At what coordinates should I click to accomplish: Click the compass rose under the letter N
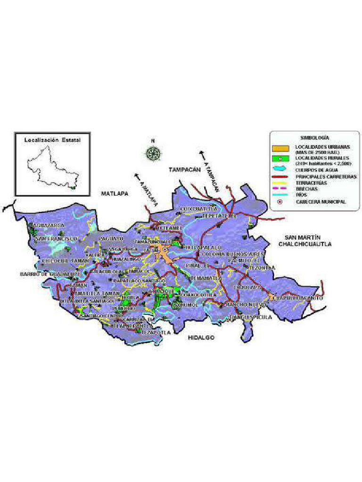(x=153, y=153)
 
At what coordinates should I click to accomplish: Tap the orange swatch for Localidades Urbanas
(x=280, y=149)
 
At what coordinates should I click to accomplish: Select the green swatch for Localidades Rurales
(x=280, y=159)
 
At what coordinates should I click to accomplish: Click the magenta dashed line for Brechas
(x=280, y=188)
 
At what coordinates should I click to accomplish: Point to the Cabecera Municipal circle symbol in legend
(x=280, y=201)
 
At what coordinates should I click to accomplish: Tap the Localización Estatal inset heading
(x=52, y=140)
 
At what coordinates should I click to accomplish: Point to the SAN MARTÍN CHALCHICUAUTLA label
(x=304, y=241)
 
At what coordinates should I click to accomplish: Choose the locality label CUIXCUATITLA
(x=199, y=208)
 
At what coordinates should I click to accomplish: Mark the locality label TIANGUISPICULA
(x=250, y=318)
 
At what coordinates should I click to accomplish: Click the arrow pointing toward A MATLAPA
(x=138, y=176)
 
